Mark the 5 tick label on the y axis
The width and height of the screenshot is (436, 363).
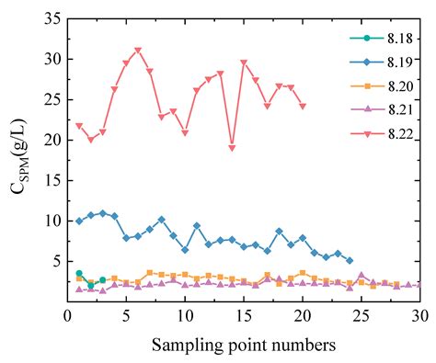pos(55,261)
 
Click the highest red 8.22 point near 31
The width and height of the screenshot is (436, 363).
pos(138,51)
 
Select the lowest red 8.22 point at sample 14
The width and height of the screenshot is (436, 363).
pos(232,148)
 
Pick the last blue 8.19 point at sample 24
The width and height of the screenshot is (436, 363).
pos(350,260)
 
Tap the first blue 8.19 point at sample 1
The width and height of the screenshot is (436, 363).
pos(79,221)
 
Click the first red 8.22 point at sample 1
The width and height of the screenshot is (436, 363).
pos(79,126)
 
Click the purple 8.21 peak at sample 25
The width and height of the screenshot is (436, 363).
pos(361,275)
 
